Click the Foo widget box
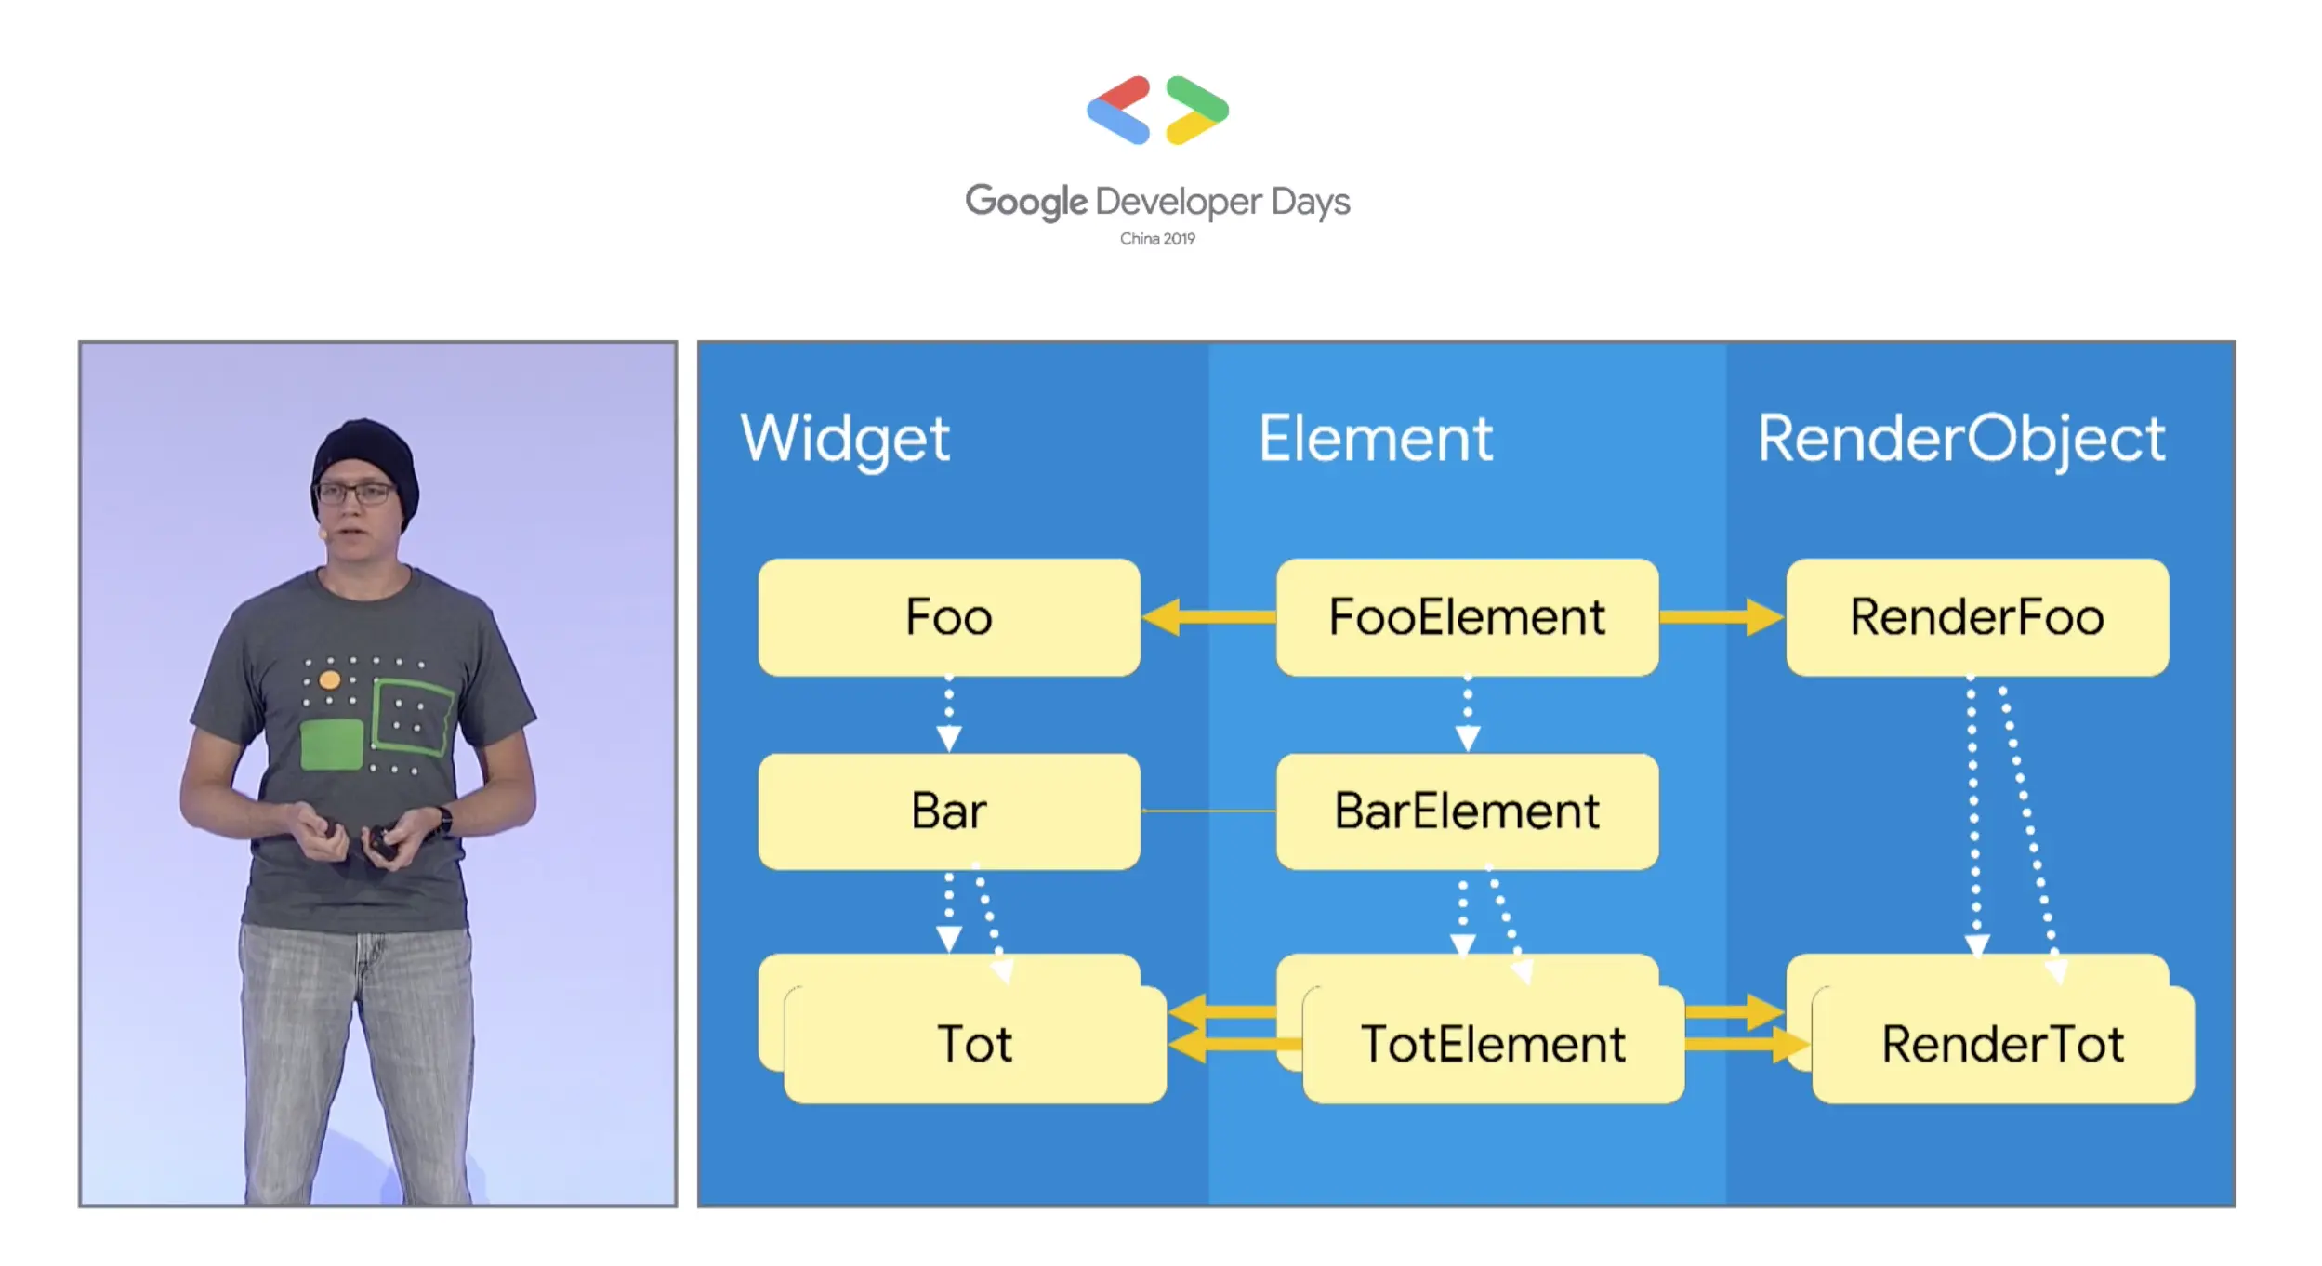[x=948, y=617]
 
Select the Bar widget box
[x=948, y=811]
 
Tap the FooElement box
[x=1467, y=617]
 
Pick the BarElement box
[x=1467, y=811]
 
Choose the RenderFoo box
[x=1977, y=617]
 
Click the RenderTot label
[x=2002, y=1044]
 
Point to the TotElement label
[x=1493, y=1044]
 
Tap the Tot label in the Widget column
[x=974, y=1044]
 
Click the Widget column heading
[x=845, y=439]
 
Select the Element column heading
[x=1376, y=439]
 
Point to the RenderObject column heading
[x=1961, y=439]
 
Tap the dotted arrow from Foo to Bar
[x=948, y=714]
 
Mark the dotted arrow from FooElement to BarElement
[x=1467, y=714]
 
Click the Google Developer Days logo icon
[x=1157, y=111]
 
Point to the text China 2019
[x=1157, y=239]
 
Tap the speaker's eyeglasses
[x=357, y=493]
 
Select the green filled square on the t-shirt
[x=332, y=744]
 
